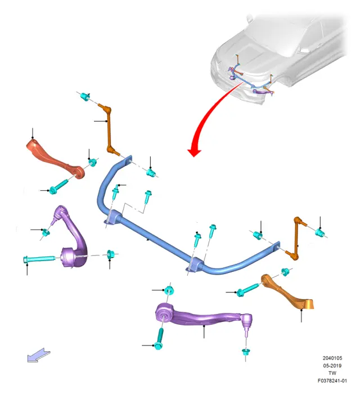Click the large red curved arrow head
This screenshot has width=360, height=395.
point(194,152)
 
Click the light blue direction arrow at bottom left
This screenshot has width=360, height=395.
point(38,355)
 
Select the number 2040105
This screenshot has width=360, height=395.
point(332,358)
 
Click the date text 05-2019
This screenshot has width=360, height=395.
point(332,366)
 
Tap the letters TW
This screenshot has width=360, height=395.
point(332,373)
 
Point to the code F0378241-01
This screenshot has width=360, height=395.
point(332,380)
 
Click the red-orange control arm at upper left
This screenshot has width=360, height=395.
point(55,159)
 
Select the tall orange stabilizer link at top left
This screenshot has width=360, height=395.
point(109,129)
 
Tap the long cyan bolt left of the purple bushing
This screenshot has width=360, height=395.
point(39,259)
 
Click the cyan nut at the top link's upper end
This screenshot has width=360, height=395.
point(85,96)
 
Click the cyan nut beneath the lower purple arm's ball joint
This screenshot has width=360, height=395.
point(245,352)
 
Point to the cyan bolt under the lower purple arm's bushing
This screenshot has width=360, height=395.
point(159,339)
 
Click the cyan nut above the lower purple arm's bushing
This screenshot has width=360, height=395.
point(169,290)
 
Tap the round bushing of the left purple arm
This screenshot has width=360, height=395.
point(69,257)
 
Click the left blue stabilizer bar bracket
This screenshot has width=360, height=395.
point(113,217)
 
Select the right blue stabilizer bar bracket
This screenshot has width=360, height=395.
point(195,264)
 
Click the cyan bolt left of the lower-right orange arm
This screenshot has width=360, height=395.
point(247,289)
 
